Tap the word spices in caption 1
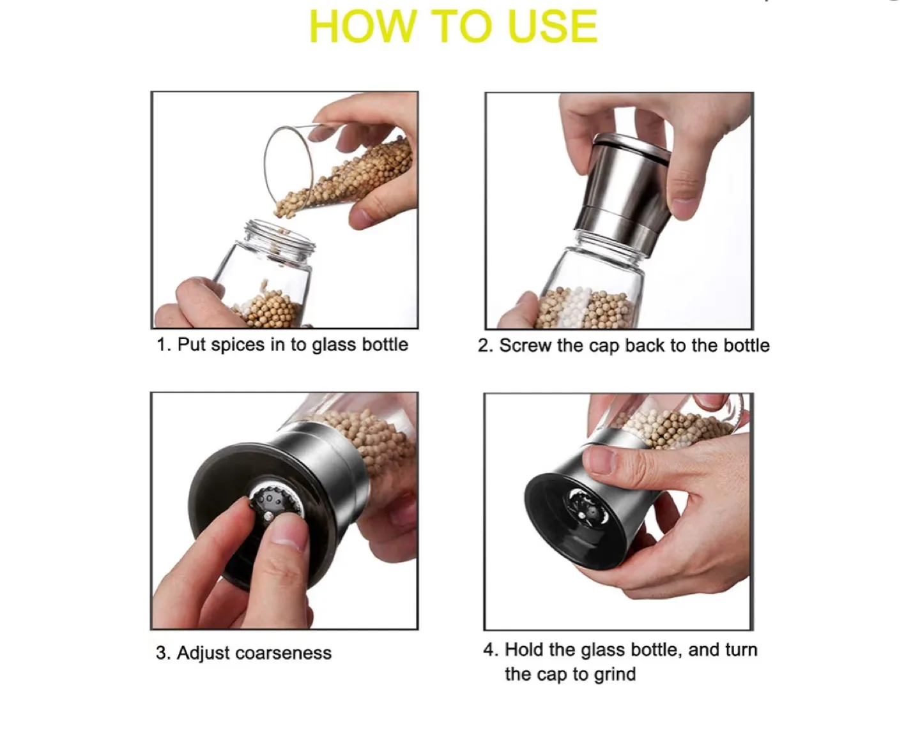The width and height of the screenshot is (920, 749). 237,345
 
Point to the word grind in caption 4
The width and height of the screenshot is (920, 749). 615,674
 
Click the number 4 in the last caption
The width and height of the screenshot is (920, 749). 489,650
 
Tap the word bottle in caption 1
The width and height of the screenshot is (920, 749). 385,345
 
